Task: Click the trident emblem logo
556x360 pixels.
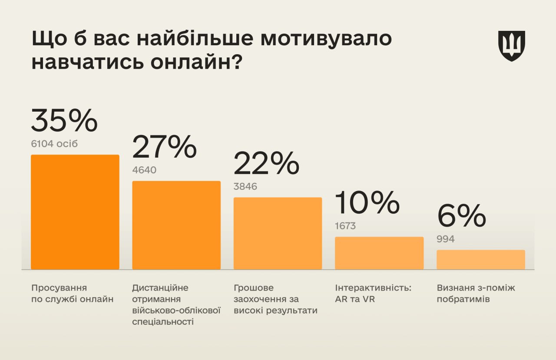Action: pyautogui.click(x=512, y=46)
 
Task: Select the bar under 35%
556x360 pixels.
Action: pyautogui.click(x=75, y=212)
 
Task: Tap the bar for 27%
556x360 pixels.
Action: pyautogui.click(x=176, y=225)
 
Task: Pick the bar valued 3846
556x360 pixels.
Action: pyautogui.click(x=278, y=233)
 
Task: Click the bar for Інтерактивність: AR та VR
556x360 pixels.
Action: pyautogui.click(x=379, y=253)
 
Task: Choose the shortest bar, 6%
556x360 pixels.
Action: pyautogui.click(x=480, y=259)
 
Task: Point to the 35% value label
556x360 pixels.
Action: pyautogui.click(x=64, y=121)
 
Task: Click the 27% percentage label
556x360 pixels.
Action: pyautogui.click(x=165, y=147)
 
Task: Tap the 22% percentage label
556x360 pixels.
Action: pyautogui.click(x=266, y=164)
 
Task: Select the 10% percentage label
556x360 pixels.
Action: pyautogui.click(x=367, y=203)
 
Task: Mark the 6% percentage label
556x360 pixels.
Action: pyautogui.click(x=461, y=216)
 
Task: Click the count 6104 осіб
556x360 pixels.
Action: pyautogui.click(x=54, y=144)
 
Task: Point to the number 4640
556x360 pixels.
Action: pyautogui.click(x=144, y=170)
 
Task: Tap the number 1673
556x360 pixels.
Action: pyautogui.click(x=345, y=226)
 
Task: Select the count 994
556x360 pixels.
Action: pyautogui.click(x=446, y=239)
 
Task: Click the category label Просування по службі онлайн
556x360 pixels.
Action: pyautogui.click(x=72, y=293)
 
